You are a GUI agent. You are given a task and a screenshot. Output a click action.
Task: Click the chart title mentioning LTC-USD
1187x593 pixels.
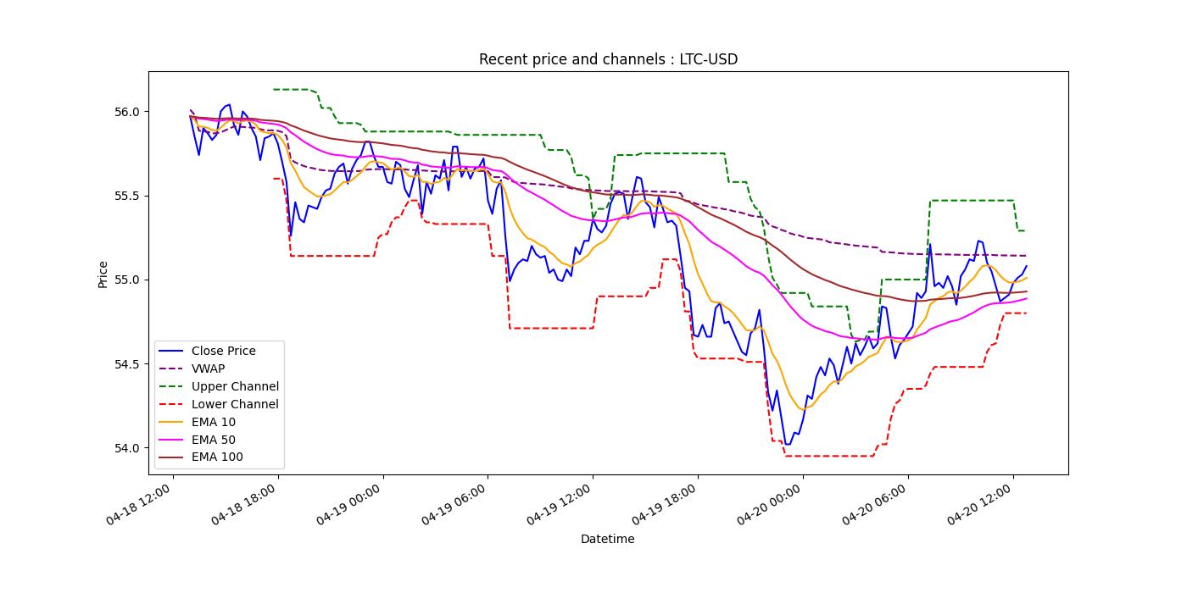click(x=608, y=59)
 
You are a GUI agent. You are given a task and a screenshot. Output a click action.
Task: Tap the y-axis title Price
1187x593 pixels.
click(x=103, y=274)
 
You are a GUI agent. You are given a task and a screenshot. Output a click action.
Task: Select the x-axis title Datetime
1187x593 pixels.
click(x=607, y=539)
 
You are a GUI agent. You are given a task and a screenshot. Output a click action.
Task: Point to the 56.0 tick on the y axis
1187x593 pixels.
click(x=126, y=112)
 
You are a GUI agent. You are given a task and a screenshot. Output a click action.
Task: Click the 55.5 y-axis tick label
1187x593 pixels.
click(x=126, y=196)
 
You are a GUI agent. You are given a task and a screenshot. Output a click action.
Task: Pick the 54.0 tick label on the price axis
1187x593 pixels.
click(x=126, y=448)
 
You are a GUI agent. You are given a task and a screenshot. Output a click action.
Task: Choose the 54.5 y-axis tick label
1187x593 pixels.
click(x=126, y=364)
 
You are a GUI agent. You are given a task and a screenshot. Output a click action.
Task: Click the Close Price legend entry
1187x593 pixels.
click(x=223, y=351)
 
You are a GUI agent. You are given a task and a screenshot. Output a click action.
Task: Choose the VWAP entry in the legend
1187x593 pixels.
click(x=208, y=369)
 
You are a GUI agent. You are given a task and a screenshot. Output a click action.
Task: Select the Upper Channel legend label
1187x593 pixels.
click(x=235, y=386)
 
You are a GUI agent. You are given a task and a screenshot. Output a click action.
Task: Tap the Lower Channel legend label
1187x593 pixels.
click(x=235, y=404)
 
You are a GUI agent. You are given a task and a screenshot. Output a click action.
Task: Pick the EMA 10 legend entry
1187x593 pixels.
click(x=214, y=422)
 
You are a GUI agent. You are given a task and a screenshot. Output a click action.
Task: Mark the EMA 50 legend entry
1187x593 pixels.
click(x=214, y=440)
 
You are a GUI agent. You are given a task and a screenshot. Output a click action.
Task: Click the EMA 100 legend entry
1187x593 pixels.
click(x=217, y=457)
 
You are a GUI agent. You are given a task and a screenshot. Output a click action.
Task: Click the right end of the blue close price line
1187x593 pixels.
click(x=1026, y=266)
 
